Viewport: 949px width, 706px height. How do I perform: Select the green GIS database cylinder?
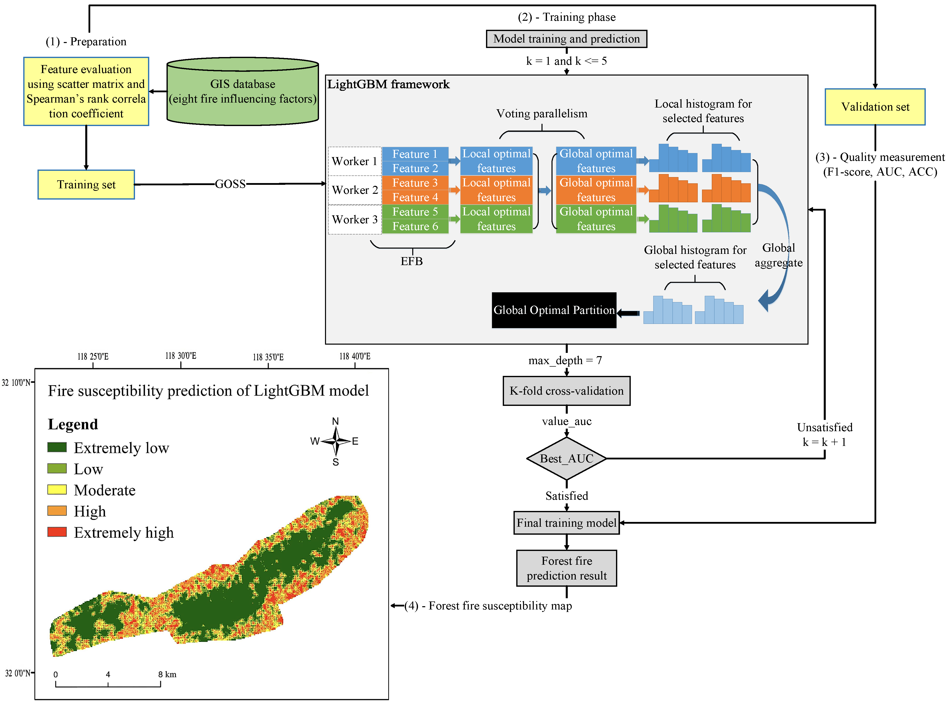242,92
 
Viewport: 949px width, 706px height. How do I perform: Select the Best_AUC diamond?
566,459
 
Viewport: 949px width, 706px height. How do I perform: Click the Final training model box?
566,523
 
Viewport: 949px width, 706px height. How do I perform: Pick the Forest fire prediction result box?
566,568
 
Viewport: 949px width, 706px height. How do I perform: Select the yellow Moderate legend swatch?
57,490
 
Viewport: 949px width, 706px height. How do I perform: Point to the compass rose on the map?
336,441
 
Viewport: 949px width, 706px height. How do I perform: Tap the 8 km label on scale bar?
167,674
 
